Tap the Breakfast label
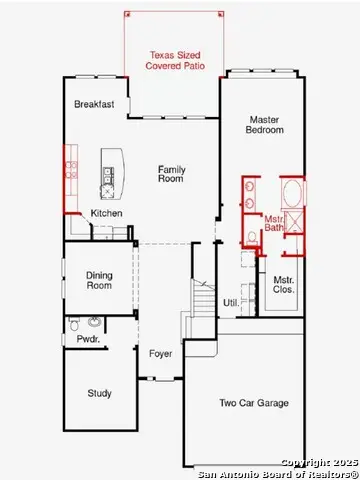click(94, 104)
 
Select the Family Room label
click(172, 175)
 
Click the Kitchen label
click(106, 213)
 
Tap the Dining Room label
click(99, 281)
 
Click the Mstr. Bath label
click(274, 224)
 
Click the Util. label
click(231, 301)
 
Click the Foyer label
click(160, 353)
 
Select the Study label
click(99, 393)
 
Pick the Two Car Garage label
click(254, 403)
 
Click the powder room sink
click(94, 322)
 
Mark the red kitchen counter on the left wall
click(71, 171)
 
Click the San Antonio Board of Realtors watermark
click(277, 473)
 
